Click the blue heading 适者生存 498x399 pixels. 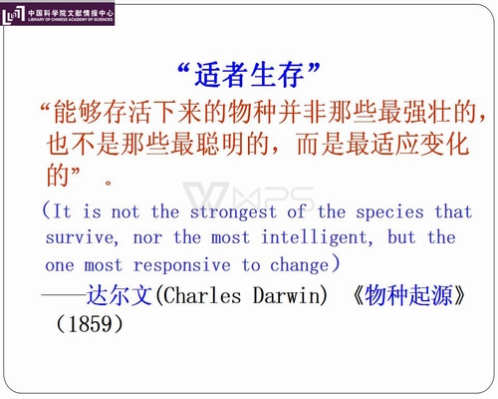click(249, 75)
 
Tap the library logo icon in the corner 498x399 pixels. click(13, 14)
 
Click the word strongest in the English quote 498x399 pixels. click(233, 212)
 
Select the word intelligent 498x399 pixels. click(315, 238)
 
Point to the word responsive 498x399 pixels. click(181, 265)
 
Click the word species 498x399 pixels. click(389, 212)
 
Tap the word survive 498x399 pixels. click(80, 237)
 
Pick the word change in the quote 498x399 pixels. click(299, 265)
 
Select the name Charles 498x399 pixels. click(202, 295)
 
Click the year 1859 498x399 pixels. click(90, 324)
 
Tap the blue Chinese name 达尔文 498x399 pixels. click(120, 295)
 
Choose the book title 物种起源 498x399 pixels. click(408, 295)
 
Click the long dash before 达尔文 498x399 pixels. click(63, 294)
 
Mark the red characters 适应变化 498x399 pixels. click(419, 144)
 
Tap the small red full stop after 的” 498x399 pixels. click(109, 183)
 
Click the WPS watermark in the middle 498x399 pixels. click(249, 197)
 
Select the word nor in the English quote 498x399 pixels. click(147, 238)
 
